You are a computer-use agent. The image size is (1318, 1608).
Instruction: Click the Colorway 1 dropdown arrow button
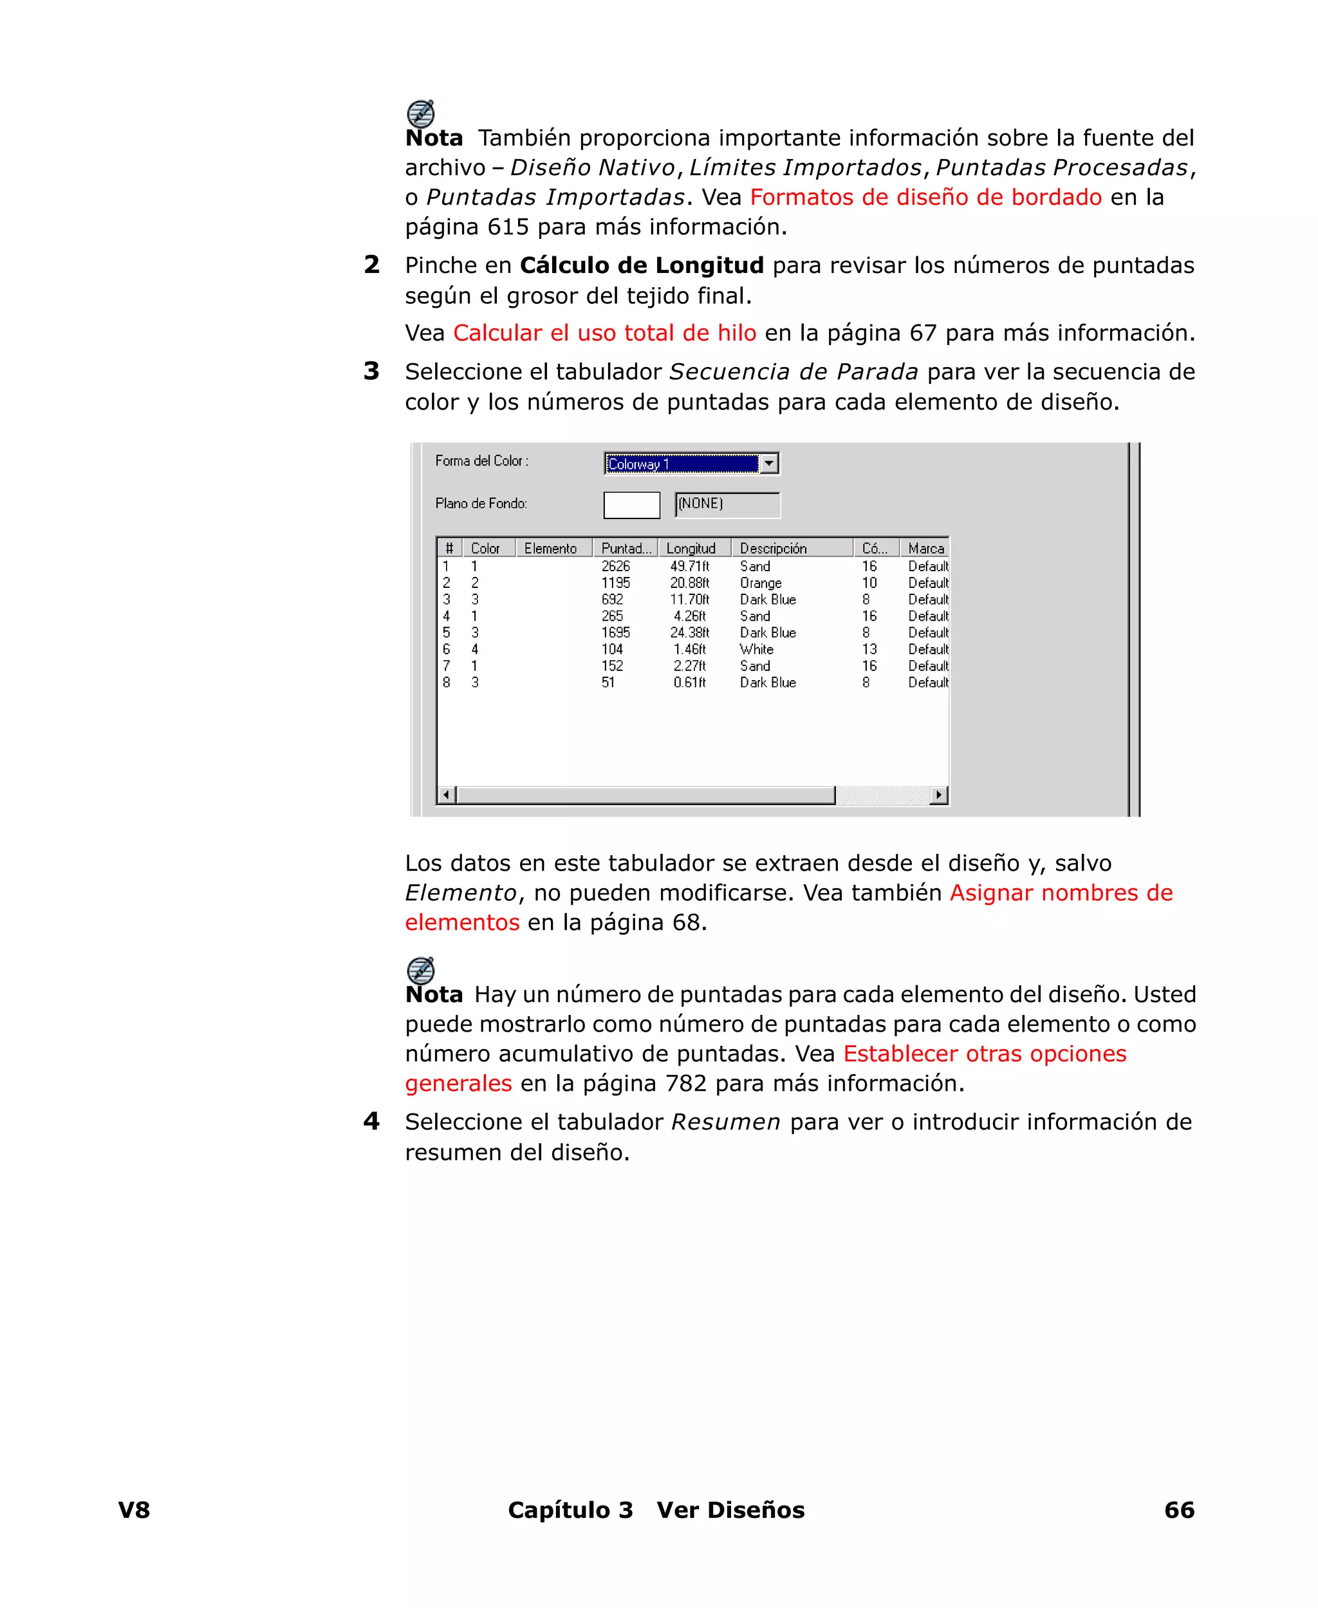769,463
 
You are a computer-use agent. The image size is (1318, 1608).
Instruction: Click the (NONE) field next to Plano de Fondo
727,504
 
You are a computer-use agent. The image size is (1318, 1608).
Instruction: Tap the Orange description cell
760,583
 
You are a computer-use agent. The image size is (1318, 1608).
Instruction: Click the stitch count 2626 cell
615,566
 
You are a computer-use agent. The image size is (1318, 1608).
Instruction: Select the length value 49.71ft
689,566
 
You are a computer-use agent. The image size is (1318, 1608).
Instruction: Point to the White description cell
756,649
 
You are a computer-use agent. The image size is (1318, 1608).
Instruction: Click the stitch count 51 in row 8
608,682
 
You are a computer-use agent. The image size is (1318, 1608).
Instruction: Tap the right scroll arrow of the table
939,795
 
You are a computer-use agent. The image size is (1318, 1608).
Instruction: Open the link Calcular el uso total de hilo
604,333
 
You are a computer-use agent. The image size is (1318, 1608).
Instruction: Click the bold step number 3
371,372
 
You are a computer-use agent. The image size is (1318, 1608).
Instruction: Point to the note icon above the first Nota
421,113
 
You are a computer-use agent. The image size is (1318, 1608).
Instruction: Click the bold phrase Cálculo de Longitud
642,265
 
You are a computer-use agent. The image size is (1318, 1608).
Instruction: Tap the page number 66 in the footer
1178,1509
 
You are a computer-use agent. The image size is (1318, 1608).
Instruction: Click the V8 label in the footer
135,1509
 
